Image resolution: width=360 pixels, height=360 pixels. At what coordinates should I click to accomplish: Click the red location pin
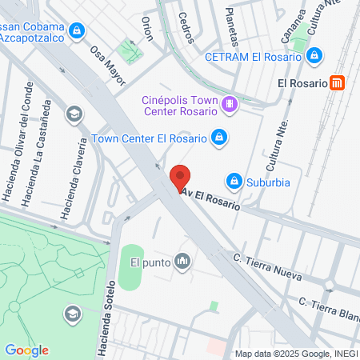coord(181,177)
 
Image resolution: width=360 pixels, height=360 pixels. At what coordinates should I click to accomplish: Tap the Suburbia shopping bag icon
coord(234,182)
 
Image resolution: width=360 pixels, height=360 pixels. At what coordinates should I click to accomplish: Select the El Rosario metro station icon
coord(338,82)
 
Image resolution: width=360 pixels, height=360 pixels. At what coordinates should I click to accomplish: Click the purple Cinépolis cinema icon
coord(230,103)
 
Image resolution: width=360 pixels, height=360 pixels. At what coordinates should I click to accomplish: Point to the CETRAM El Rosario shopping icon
coord(314,56)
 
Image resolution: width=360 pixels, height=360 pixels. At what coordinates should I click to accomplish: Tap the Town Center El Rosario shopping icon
coord(218,138)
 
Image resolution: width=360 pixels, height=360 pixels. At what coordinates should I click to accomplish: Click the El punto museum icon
coord(182,262)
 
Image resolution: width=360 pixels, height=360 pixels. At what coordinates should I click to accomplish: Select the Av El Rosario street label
coord(211,199)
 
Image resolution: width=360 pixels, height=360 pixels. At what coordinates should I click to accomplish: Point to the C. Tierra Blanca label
coord(328,306)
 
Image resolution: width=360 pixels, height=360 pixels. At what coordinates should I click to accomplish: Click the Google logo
coord(26,350)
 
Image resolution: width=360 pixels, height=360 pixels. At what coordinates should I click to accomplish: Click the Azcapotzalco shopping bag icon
coord(76,31)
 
